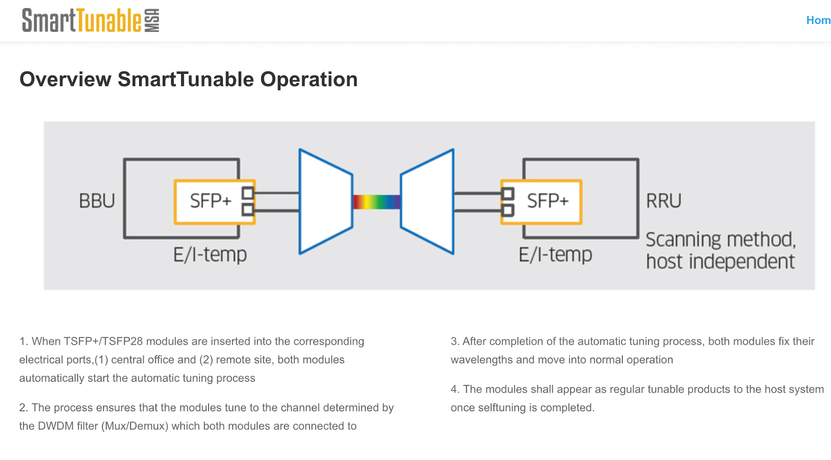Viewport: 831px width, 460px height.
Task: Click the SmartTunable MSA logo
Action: click(x=90, y=20)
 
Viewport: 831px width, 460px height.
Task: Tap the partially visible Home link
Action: click(x=818, y=20)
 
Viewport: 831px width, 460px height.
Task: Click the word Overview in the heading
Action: click(x=65, y=80)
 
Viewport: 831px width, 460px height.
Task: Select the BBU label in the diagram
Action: click(x=97, y=201)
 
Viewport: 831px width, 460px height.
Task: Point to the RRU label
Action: click(x=664, y=201)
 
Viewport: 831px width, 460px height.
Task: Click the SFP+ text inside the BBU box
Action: click(x=211, y=201)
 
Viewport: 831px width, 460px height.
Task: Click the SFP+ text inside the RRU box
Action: click(x=548, y=201)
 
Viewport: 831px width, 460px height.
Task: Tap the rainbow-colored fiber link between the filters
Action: click(x=377, y=202)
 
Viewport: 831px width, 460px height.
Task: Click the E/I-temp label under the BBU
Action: click(x=210, y=255)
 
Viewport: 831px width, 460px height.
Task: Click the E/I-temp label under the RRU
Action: click(x=555, y=255)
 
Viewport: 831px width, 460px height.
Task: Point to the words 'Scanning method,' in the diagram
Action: click(x=721, y=239)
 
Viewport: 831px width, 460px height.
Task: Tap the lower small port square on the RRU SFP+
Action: click(x=508, y=210)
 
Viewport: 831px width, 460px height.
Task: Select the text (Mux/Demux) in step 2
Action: click(x=135, y=426)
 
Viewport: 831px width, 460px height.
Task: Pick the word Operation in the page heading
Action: click(x=309, y=80)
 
